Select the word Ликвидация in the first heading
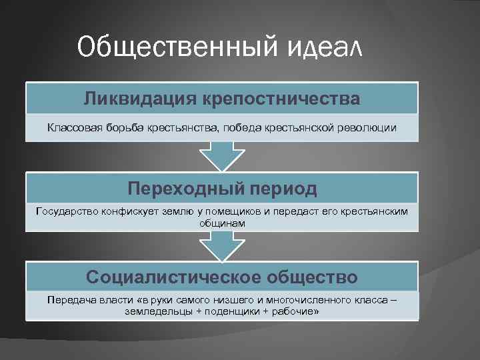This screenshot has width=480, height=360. tap(133, 99)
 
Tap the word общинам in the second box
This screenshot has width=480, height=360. tap(222, 223)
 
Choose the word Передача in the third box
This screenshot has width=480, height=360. tap(67, 300)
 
